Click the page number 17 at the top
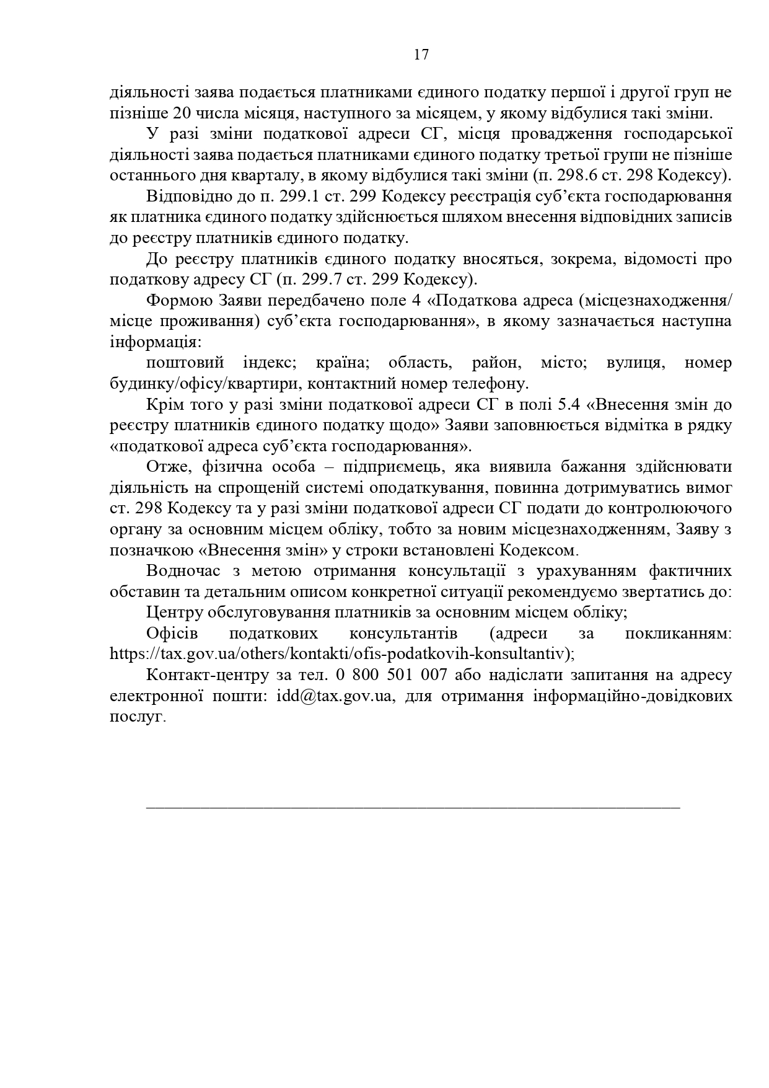(421, 55)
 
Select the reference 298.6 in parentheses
(571, 175)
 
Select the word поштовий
(185, 363)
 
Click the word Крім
(165, 404)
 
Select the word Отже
(165, 467)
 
